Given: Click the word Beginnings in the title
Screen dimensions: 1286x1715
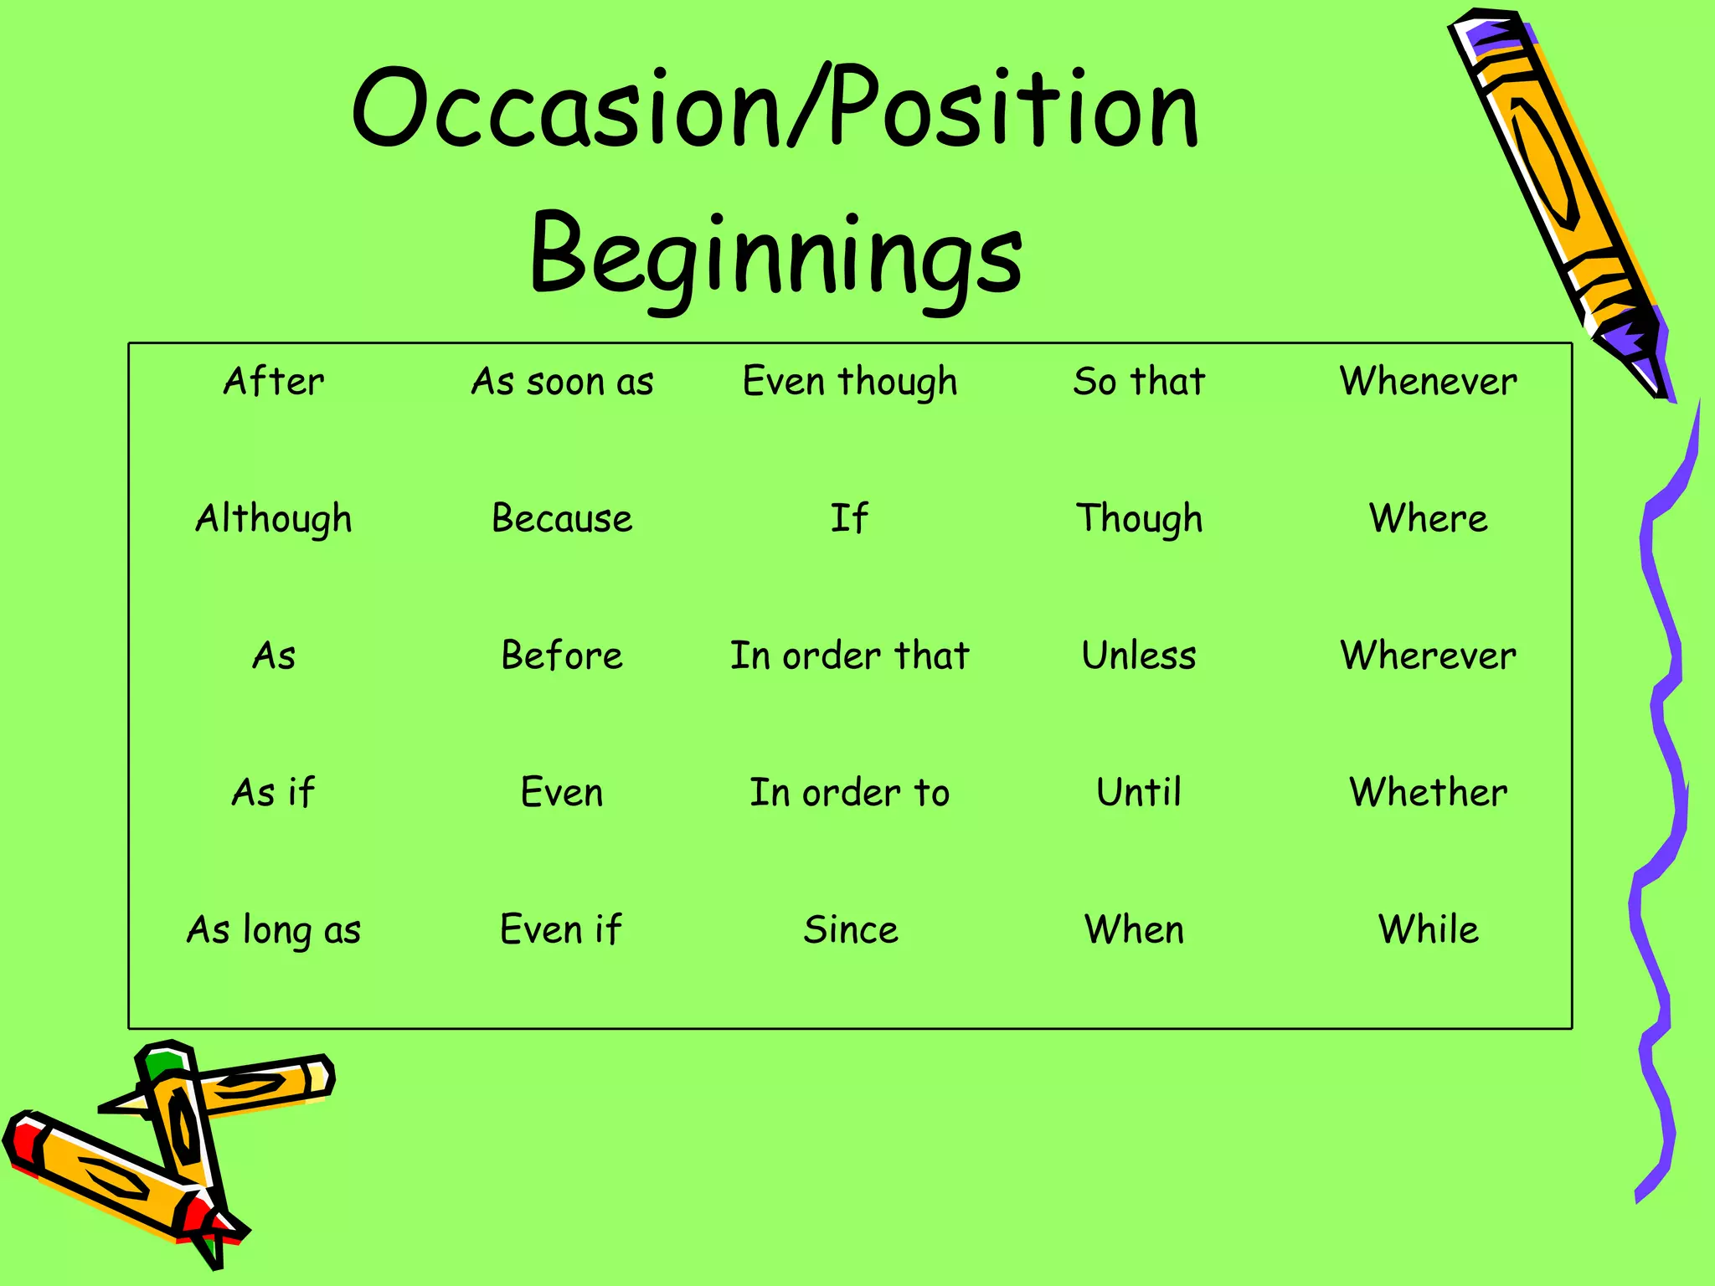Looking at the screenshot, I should pos(775,255).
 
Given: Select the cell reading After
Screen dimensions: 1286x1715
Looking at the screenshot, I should pos(274,382).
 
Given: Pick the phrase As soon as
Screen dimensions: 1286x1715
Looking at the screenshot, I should pos(562,382).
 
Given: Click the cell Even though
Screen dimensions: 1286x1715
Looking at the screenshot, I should pos(850,383).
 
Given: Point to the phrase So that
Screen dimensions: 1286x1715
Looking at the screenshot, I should pos(1139,382).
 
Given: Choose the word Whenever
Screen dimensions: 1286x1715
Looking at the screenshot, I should pos(1428,382).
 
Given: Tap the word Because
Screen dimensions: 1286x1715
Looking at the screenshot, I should pos(562,518).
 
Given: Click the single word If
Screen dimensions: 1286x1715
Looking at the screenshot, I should pos(849,518).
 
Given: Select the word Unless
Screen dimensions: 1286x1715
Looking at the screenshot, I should pos(1139,656).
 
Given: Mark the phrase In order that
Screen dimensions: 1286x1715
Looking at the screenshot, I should pos(850,656).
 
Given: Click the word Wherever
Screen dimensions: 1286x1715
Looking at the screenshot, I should pos(1428,656).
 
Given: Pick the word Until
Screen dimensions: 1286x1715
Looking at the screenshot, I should pos(1139,792).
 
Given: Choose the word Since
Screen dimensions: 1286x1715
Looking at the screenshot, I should pos(851,929).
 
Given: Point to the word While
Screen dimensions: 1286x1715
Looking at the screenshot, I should pos(1428,929).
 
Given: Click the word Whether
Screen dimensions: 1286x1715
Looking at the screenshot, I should pos(1428,792).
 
